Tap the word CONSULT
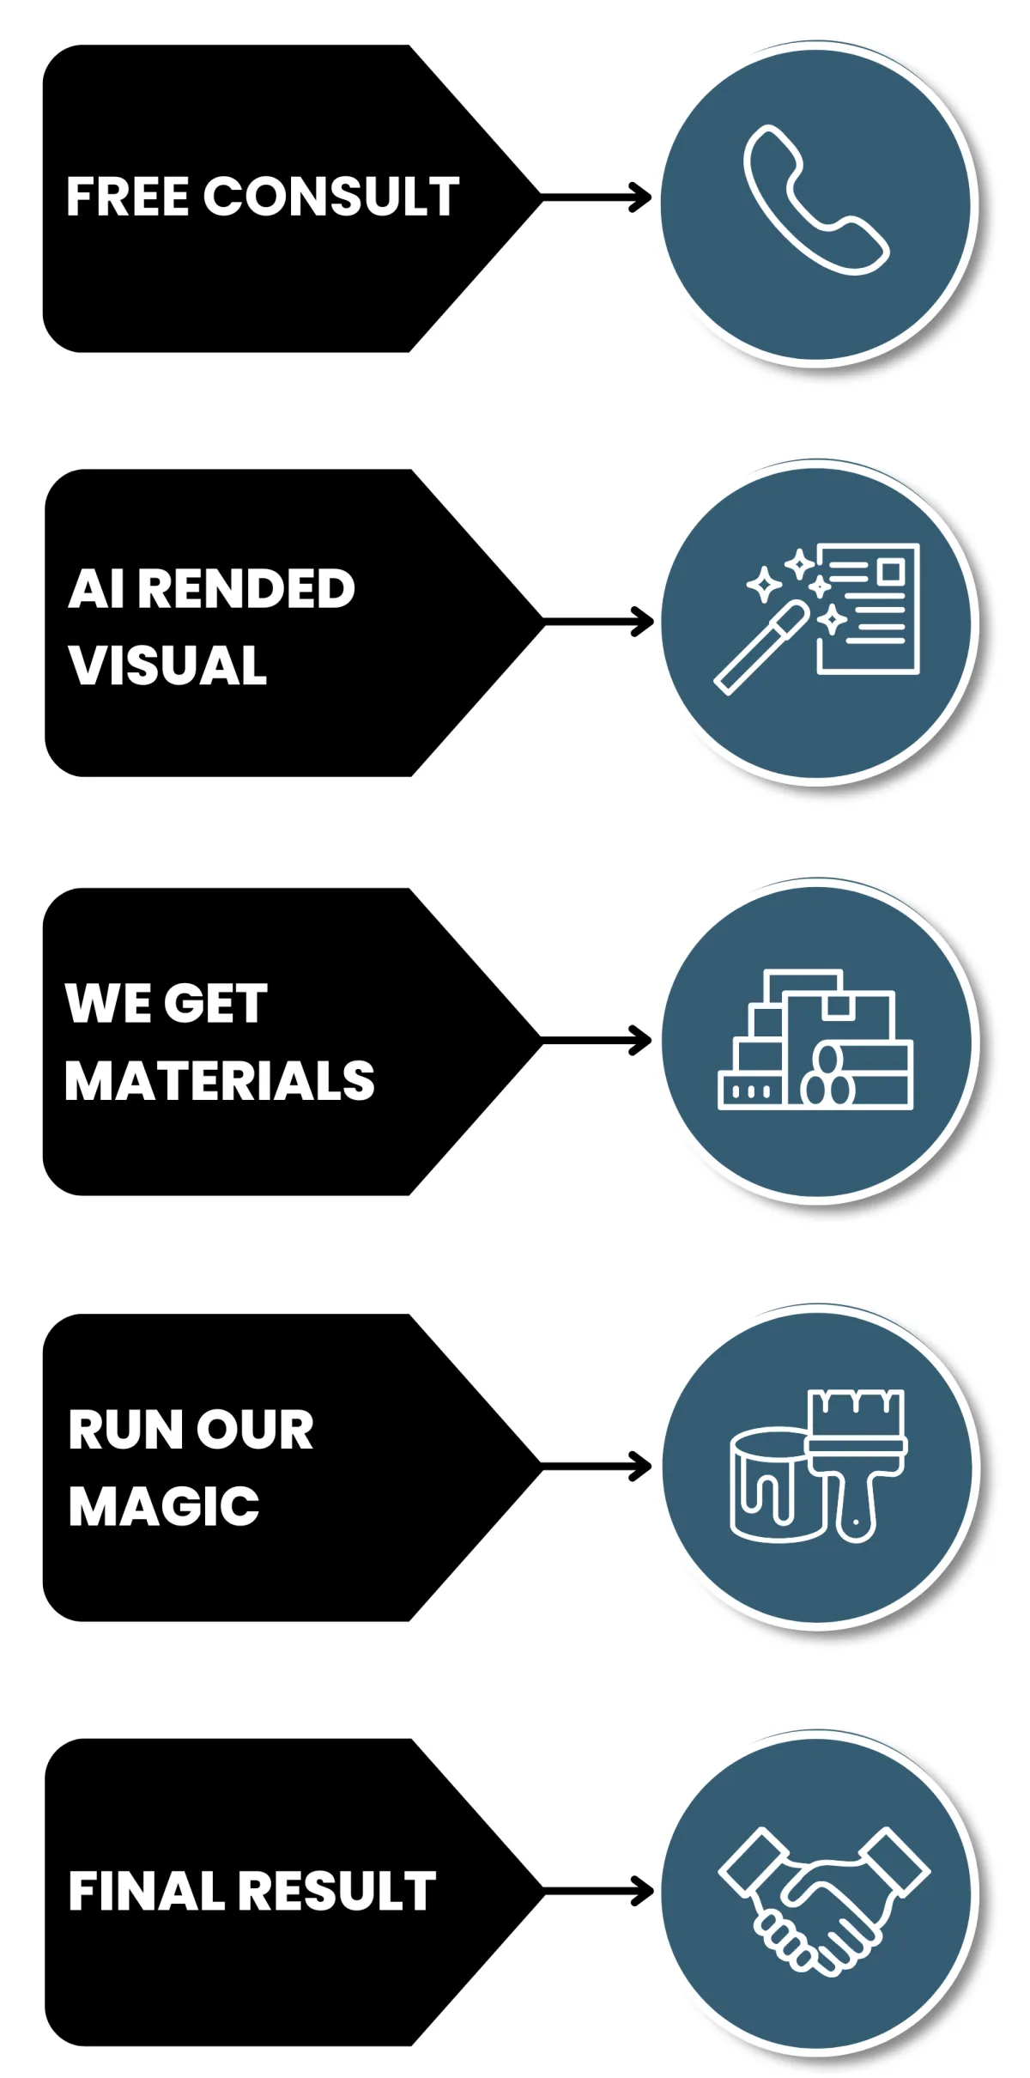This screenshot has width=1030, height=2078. pyautogui.click(x=331, y=197)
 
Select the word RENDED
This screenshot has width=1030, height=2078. pyautogui.click(x=245, y=589)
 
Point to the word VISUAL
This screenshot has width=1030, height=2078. pyautogui.click(x=168, y=665)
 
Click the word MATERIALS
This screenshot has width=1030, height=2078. pyautogui.click(x=220, y=1080)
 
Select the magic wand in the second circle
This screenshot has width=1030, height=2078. pyautogui.click(x=760, y=649)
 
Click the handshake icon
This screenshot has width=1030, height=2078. pyautogui.click(x=823, y=1898)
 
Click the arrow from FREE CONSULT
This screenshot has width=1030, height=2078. pyautogui.click(x=597, y=197)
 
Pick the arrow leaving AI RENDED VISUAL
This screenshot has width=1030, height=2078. pyautogui.click(x=598, y=622)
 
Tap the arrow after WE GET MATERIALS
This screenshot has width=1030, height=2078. pyautogui.click(x=597, y=1041)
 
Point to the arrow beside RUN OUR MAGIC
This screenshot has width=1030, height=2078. pyautogui.click(x=597, y=1467)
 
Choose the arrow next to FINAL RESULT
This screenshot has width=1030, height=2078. pyautogui.click(x=598, y=1891)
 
